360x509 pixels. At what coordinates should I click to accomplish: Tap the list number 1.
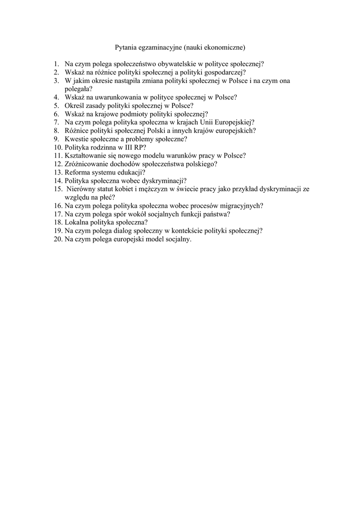[x=57, y=64]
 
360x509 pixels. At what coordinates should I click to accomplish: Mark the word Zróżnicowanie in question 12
[x=87, y=164]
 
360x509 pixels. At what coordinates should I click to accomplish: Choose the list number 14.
[x=58, y=181]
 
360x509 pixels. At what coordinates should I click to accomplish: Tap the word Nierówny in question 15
[x=80, y=189]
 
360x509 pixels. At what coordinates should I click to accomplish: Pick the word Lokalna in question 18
[x=76, y=223]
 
